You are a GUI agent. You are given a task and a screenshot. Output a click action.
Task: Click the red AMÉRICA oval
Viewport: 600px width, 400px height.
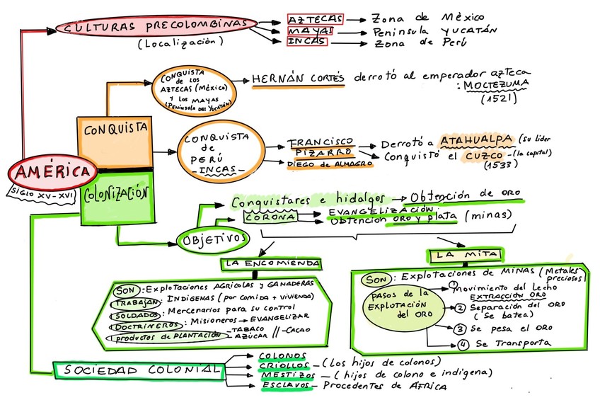tap(54, 172)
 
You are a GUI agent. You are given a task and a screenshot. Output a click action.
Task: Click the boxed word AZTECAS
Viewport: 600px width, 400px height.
tap(315, 19)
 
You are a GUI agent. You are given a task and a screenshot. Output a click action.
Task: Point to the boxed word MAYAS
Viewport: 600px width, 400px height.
tap(310, 31)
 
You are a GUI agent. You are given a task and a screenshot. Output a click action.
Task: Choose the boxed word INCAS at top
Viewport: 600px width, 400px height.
tap(308, 42)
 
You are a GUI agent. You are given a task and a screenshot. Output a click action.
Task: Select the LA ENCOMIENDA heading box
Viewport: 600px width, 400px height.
tap(271, 263)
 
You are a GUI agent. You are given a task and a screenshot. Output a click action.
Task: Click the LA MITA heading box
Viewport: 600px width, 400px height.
tap(464, 253)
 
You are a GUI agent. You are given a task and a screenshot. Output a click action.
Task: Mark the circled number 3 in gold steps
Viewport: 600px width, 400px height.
tap(459, 328)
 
